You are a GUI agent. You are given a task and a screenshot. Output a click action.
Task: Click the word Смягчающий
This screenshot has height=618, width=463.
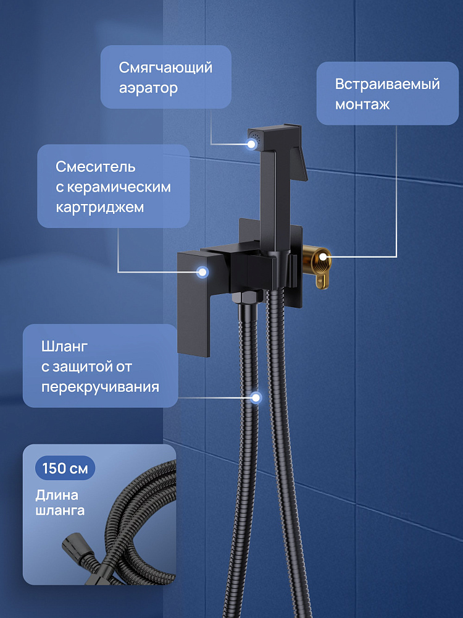pyautogui.click(x=165, y=68)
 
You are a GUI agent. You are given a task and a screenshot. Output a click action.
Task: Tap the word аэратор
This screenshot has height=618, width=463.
pyautogui.click(x=148, y=88)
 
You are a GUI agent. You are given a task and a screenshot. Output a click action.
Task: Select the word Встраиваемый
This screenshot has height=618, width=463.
pyautogui.click(x=388, y=84)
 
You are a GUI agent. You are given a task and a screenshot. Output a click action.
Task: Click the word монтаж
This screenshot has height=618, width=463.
pyautogui.click(x=362, y=104)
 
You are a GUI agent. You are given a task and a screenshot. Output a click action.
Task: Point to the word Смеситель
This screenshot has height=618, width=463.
pyautogui.click(x=96, y=167)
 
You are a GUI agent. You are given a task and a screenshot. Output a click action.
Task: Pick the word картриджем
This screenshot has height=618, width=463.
pyautogui.click(x=99, y=207)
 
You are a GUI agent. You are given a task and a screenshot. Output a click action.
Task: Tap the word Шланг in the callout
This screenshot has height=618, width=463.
pyautogui.click(x=65, y=347)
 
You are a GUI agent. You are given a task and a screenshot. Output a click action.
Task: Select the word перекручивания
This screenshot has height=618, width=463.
pyautogui.click(x=101, y=387)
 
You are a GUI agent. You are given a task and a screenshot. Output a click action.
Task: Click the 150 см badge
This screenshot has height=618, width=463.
pyautogui.click(x=65, y=468)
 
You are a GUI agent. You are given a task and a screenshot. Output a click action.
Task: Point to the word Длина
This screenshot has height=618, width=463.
pyautogui.click(x=57, y=495)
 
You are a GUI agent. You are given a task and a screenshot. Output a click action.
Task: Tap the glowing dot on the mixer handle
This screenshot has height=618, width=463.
pyautogui.click(x=202, y=272)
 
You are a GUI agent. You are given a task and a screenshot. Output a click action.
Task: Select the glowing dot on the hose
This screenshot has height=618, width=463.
pyautogui.click(x=256, y=397)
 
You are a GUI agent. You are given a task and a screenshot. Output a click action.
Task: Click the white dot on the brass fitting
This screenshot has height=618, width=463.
pyautogui.click(x=323, y=256)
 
